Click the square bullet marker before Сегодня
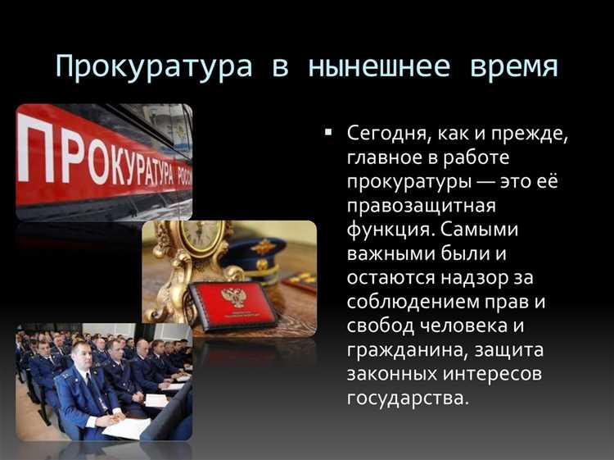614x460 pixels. tap(328, 131)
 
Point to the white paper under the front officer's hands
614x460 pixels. tap(127, 427)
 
